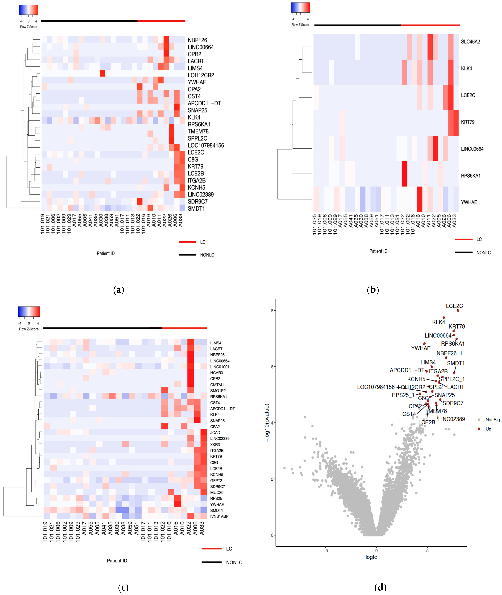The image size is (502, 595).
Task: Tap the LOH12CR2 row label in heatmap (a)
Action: pos(201,75)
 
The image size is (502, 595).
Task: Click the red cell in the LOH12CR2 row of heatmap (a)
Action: pos(102,73)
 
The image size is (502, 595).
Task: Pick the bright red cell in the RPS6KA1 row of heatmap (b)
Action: pos(404,174)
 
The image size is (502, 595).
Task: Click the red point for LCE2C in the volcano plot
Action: pos(458,310)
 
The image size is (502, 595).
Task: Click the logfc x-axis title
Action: pos(371,557)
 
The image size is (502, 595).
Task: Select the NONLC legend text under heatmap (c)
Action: pos(234,563)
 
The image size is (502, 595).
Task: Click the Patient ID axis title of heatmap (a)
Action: pos(106,253)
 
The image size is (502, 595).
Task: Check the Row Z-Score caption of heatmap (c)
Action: pos(29,329)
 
